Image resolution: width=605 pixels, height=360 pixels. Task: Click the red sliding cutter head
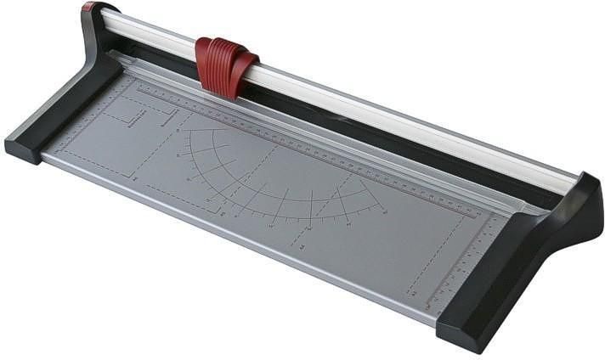click(226, 63)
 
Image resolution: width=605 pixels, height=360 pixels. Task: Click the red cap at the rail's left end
click(88, 7)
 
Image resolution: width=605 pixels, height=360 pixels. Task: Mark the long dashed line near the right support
click(433, 255)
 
